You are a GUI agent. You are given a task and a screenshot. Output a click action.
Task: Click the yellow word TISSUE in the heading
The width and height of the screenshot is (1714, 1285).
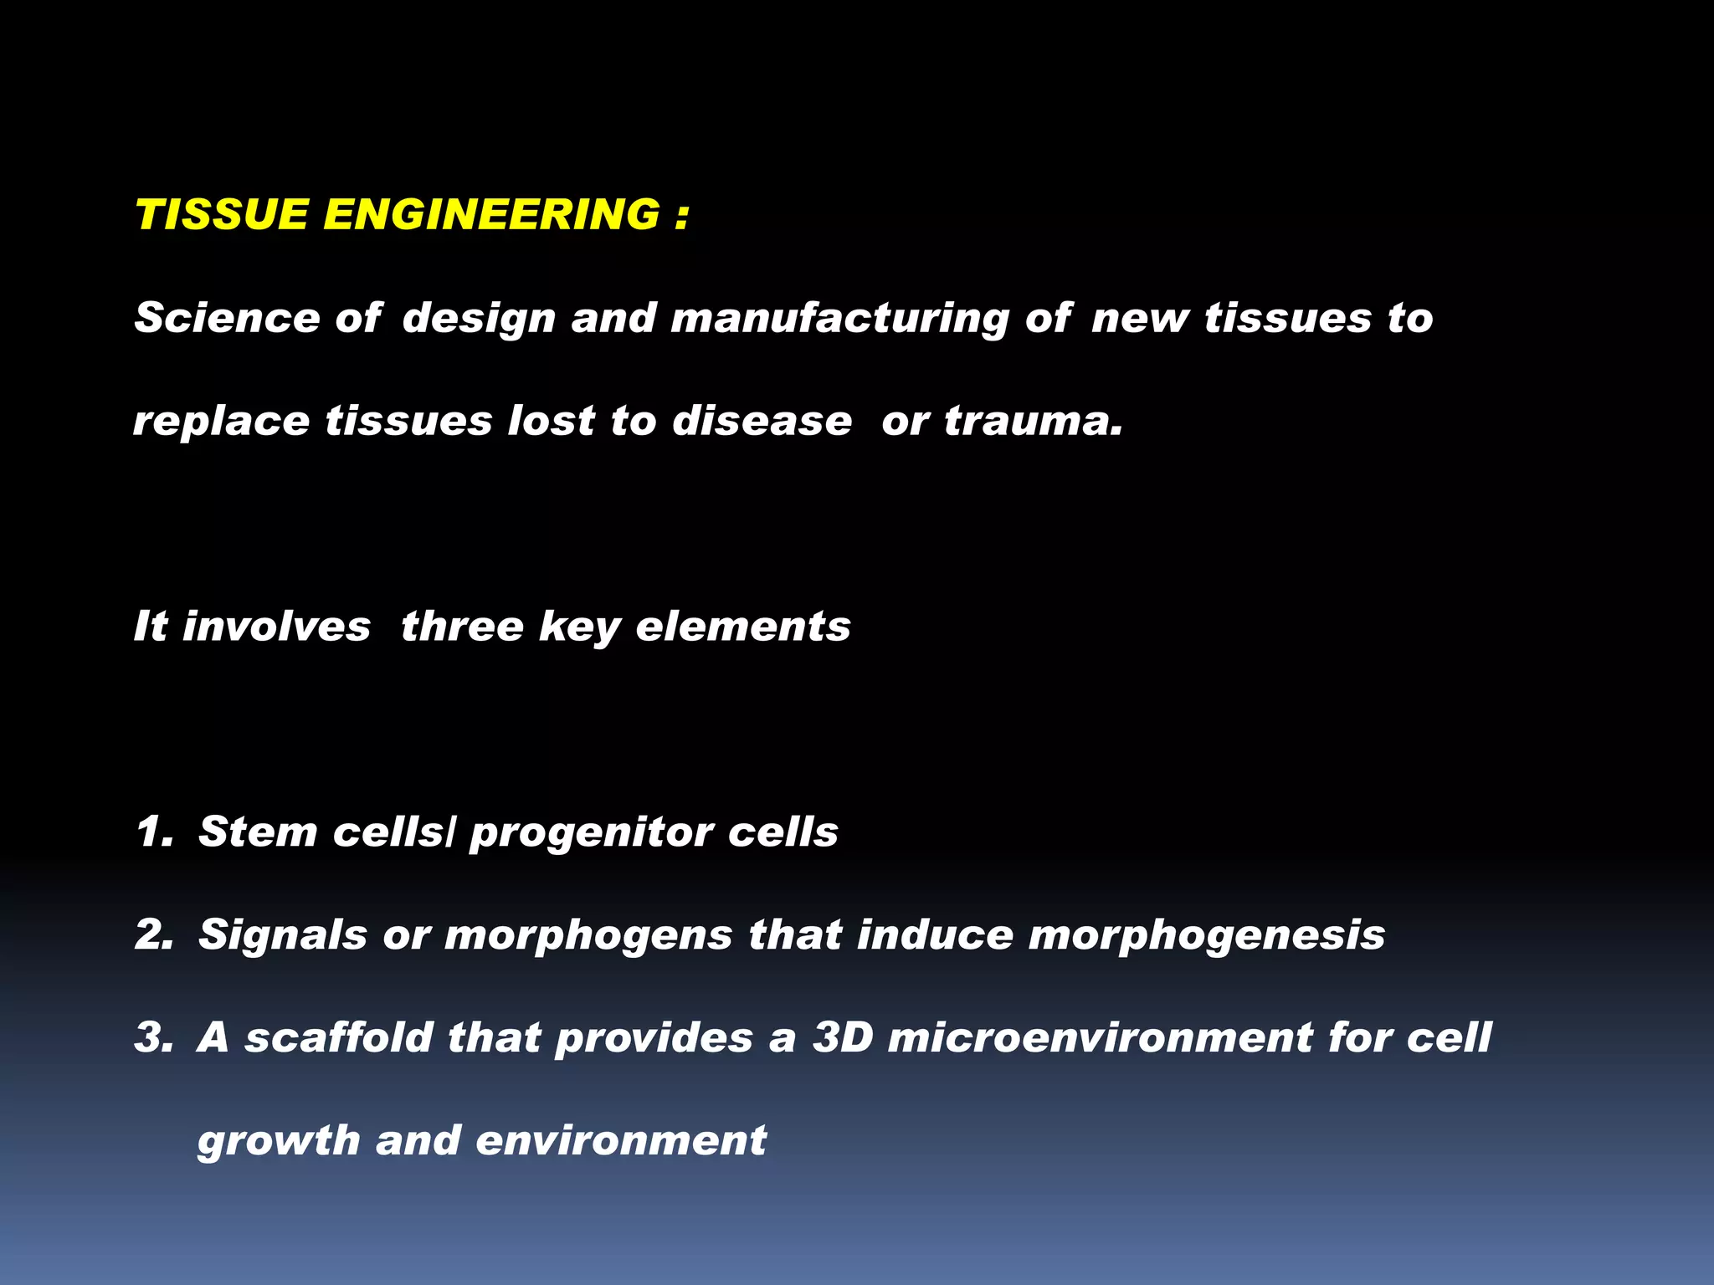(x=222, y=214)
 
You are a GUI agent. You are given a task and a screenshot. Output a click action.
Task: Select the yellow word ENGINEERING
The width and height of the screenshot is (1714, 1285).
(x=491, y=214)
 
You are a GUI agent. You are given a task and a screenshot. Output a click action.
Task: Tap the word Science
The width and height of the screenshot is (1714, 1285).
(x=227, y=318)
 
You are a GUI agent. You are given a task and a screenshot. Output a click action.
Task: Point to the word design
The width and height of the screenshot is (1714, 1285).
(x=479, y=320)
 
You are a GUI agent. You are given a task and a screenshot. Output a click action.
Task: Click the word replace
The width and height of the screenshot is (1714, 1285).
(x=221, y=422)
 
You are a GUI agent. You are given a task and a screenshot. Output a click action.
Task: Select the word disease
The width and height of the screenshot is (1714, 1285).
(x=762, y=421)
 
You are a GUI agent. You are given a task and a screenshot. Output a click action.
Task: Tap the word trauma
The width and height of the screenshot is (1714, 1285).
(x=1033, y=421)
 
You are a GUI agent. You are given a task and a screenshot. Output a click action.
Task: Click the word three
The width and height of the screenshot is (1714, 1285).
(x=462, y=627)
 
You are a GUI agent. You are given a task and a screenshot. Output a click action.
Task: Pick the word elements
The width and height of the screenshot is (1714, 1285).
(x=742, y=627)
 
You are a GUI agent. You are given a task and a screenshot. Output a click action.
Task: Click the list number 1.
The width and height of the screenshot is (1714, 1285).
(x=152, y=832)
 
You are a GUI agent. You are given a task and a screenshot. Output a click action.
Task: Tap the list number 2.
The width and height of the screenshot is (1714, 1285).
(x=153, y=934)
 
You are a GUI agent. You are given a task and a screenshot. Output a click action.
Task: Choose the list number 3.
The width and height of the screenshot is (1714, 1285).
(x=153, y=1037)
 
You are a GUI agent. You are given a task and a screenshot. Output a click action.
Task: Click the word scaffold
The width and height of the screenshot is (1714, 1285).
(x=338, y=1037)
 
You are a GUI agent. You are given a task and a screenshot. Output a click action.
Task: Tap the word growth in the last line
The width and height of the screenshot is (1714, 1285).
(x=279, y=1141)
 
